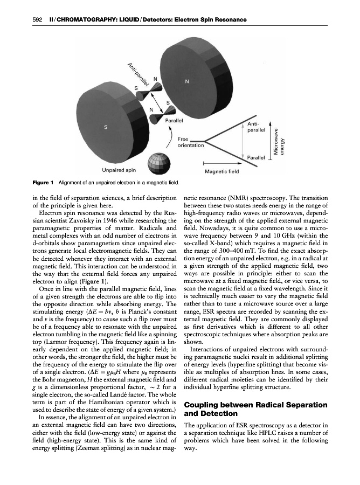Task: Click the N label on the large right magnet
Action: tap(186, 82)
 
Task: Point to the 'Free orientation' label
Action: tap(191, 142)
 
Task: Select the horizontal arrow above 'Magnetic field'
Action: tap(221, 163)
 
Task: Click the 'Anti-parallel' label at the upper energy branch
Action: tap(256, 127)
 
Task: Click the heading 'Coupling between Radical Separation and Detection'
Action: tap(255, 409)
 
